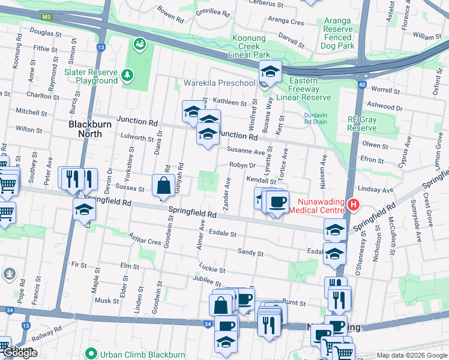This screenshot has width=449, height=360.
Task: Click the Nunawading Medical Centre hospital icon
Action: tap(354, 205)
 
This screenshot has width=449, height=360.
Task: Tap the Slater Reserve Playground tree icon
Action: tap(127, 74)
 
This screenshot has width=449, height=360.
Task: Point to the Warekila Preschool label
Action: tap(219, 82)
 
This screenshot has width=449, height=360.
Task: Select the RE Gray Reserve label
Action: tap(362, 124)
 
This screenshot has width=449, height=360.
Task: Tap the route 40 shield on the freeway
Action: tap(361, 85)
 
